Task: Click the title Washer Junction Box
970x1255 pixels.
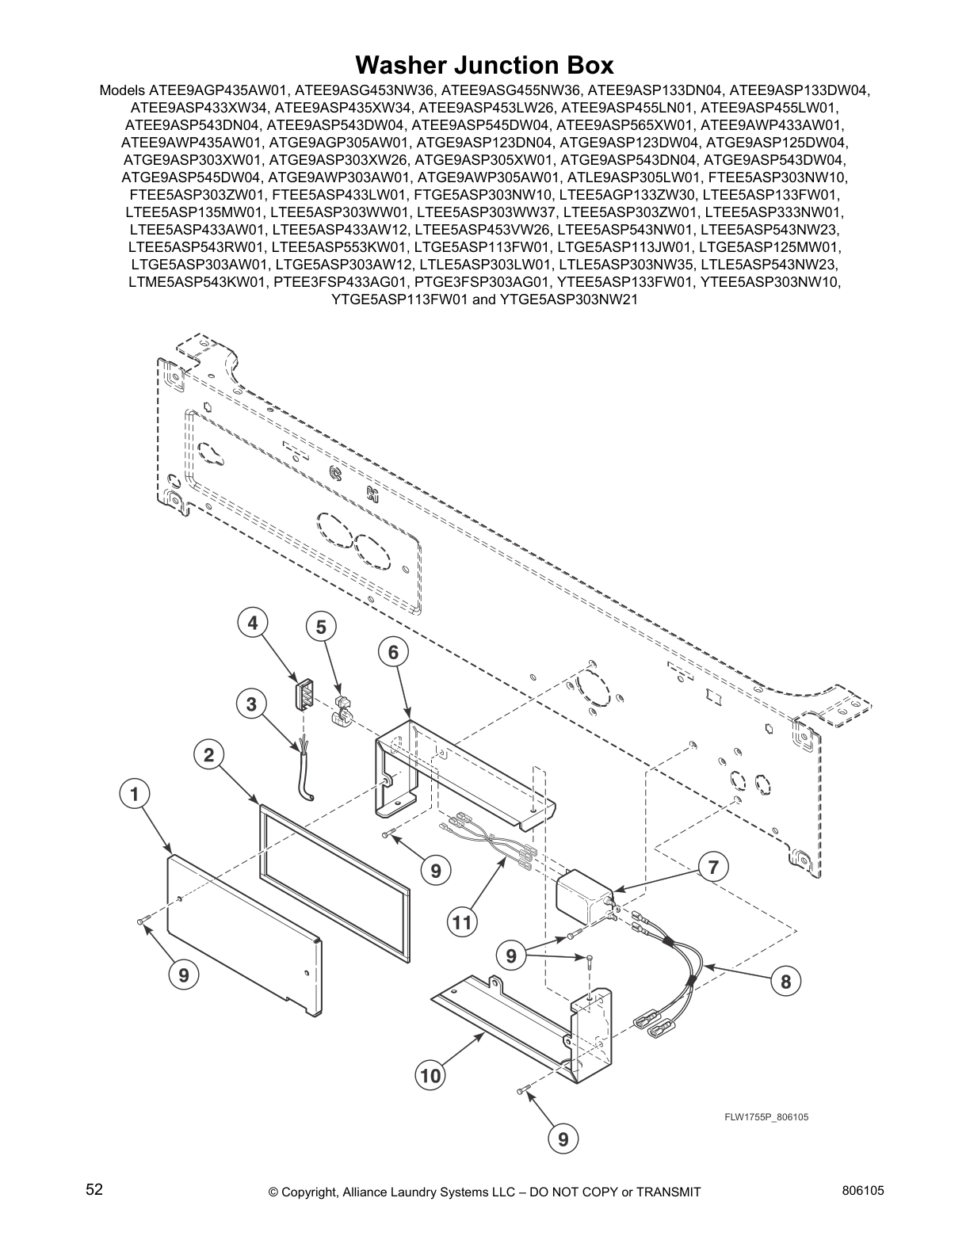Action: [484, 64]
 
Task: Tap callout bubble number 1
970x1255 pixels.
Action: [136, 793]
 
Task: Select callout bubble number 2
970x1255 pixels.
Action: [208, 755]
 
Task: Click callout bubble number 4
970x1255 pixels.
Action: [251, 624]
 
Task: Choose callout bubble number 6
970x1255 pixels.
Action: [392, 653]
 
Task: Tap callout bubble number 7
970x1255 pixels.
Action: [713, 867]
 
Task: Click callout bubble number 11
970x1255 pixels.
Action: [462, 923]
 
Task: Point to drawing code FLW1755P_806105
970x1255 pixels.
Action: [766, 1117]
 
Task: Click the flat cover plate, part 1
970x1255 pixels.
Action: [242, 931]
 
